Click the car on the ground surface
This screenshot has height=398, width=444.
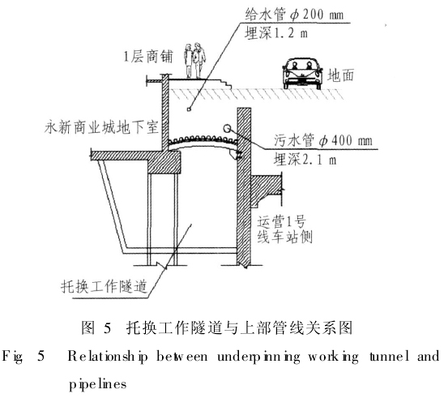(x=302, y=74)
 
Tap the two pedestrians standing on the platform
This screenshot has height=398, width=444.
(x=194, y=60)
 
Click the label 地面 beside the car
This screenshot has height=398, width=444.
(x=341, y=75)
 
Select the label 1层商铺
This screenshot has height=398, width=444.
(x=147, y=57)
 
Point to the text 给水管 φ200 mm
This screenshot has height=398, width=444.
(x=294, y=14)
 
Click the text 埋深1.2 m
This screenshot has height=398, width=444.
(x=276, y=33)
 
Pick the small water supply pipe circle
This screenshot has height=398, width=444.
(x=189, y=109)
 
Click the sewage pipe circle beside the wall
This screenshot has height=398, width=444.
(x=227, y=129)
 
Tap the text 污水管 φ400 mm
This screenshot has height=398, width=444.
(x=322, y=140)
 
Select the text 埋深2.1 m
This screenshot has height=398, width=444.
(x=305, y=160)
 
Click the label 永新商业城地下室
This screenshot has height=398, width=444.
(x=101, y=127)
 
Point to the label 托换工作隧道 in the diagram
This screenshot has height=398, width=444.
(x=104, y=287)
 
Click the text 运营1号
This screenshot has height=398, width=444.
(x=281, y=221)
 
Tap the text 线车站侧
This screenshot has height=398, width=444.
(x=284, y=238)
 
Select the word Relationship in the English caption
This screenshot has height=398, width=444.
(x=108, y=357)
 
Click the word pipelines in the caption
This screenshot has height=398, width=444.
(x=98, y=384)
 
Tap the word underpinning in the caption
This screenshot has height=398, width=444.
(x=258, y=357)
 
